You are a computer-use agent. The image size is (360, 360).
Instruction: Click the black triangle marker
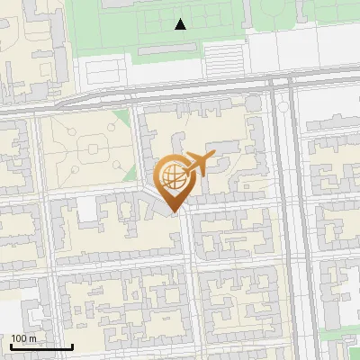pyautogui.click(x=181, y=24)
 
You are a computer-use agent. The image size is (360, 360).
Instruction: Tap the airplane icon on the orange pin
pyautogui.click(x=199, y=163)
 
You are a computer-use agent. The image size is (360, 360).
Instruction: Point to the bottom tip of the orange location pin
pyautogui.click(x=172, y=212)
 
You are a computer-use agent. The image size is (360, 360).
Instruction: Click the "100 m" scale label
pyautogui.click(x=24, y=337)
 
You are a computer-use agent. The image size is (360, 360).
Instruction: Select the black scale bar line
pyautogui.click(x=41, y=346)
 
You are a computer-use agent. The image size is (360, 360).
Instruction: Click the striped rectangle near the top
pyautogui.click(x=225, y=60)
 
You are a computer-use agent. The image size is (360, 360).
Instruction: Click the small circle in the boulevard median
pyautogui.click(x=284, y=107)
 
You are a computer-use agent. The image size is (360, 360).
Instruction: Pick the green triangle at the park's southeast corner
pyautogui.click(x=130, y=174)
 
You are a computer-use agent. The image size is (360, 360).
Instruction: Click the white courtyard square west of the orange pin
pyautogui.click(x=87, y=210)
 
